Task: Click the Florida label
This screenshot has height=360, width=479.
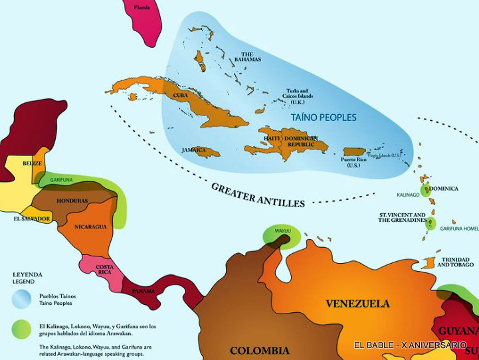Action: tap(142, 8)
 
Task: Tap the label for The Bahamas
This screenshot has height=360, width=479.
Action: tap(247, 56)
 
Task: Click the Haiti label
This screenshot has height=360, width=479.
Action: tap(271, 138)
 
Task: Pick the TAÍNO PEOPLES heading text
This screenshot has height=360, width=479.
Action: tap(324, 118)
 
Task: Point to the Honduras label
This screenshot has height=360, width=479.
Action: tap(72, 201)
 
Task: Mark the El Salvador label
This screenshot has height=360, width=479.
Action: tap(31, 219)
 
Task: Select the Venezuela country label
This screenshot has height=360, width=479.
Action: tap(357, 304)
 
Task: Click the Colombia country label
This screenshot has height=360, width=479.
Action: tap(259, 350)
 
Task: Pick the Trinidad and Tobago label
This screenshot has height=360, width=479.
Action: tap(456, 261)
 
